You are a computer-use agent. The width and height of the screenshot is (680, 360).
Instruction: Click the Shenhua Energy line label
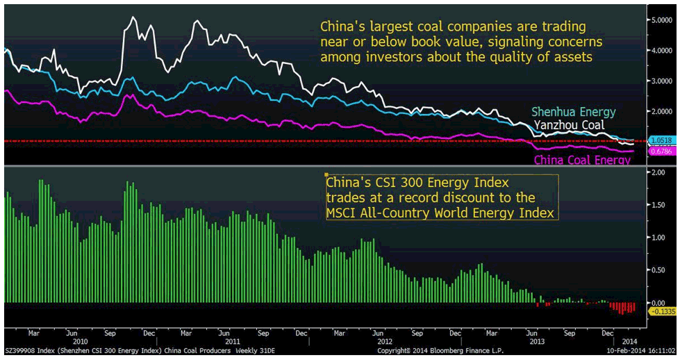[x=574, y=113]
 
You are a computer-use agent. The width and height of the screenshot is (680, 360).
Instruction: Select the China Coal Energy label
[x=581, y=161]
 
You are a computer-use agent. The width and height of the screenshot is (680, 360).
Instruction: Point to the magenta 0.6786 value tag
[x=660, y=152]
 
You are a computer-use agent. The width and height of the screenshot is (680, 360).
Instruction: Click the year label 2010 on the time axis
[x=81, y=341]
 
